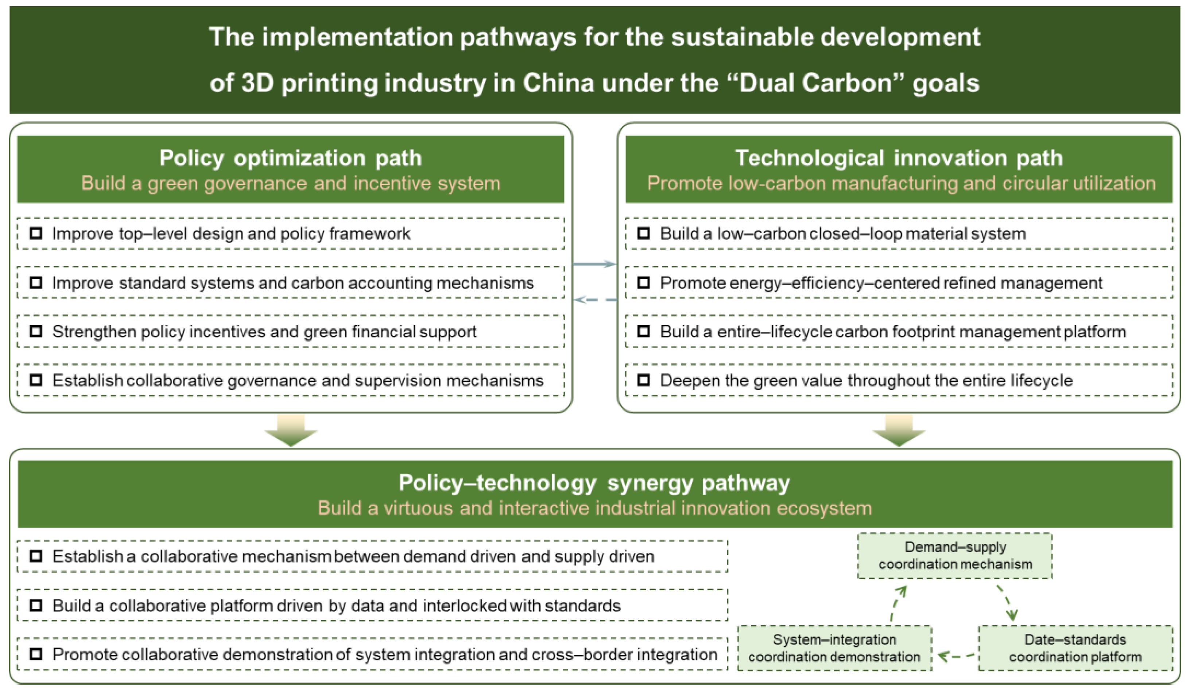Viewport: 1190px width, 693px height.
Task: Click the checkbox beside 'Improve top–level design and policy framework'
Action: [36, 233]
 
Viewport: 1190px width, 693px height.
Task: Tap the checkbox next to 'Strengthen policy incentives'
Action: [36, 331]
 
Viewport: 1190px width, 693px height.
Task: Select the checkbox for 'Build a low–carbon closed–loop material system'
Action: [644, 233]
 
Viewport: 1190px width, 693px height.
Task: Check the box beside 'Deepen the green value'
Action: [644, 380]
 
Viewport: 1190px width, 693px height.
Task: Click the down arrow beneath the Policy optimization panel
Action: [291, 431]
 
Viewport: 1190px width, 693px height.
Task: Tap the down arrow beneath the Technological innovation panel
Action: [899, 431]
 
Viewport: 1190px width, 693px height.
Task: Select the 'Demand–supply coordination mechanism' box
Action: [955, 556]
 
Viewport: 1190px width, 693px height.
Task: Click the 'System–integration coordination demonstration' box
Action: [834, 648]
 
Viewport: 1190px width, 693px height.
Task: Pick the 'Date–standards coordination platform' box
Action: [1075, 648]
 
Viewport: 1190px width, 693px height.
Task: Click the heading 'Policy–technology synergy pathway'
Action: [594, 483]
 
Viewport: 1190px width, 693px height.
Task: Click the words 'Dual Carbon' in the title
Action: [815, 83]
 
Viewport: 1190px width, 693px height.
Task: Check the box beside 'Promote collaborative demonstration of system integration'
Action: [36, 654]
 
